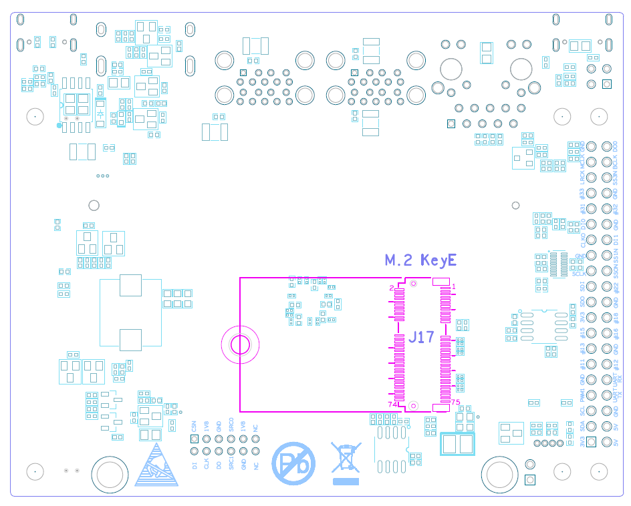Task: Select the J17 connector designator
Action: (422, 338)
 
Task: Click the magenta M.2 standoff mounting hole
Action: (239, 345)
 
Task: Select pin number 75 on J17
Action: (455, 403)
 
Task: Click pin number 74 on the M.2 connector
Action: (392, 405)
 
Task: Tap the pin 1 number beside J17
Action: (453, 287)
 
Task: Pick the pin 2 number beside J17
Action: (392, 288)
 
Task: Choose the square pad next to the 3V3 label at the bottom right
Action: (592, 442)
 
